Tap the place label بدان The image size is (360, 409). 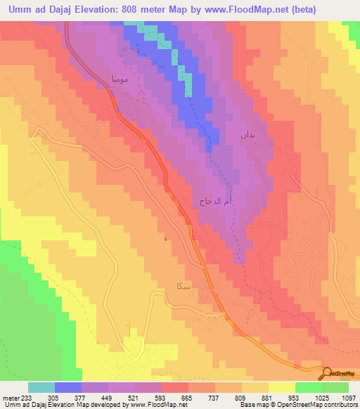[x=245, y=133]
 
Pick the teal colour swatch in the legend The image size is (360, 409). [x=41, y=387]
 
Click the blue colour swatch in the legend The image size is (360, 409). [x=68, y=387]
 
